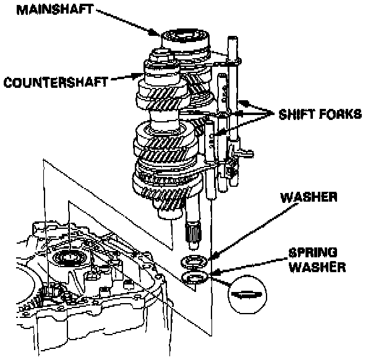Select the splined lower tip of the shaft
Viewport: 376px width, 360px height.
point(194,234)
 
